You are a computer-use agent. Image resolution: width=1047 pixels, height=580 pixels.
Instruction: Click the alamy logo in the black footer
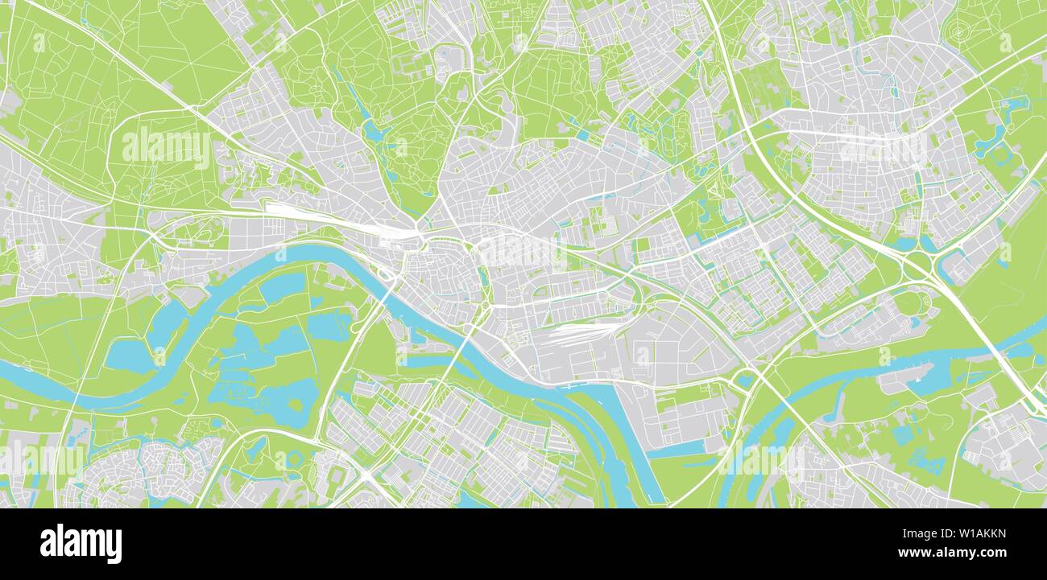pos(81,544)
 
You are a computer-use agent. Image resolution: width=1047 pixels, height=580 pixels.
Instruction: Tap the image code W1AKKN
pos(974,532)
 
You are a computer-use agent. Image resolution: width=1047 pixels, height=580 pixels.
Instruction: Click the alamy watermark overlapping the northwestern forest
pos(165,148)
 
